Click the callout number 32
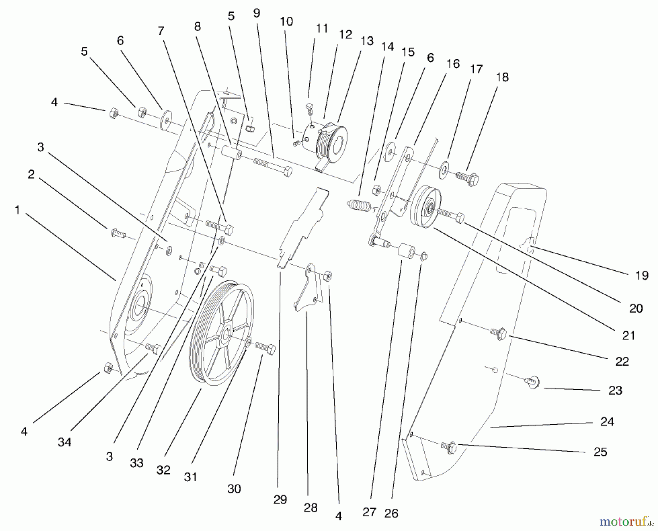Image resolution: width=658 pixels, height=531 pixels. point(163,470)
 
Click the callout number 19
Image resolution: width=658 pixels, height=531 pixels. point(642,275)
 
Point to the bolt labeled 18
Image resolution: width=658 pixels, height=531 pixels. point(468,178)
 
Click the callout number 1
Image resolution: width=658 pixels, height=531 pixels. point(17,210)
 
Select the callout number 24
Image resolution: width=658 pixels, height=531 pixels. point(607,422)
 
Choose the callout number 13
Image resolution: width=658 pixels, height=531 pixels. point(367,41)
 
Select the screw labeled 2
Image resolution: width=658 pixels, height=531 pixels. point(118,233)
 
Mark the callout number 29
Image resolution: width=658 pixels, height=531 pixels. point(280,499)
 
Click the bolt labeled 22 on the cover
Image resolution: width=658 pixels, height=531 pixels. point(498,333)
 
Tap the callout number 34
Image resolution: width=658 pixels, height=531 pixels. point(64,442)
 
